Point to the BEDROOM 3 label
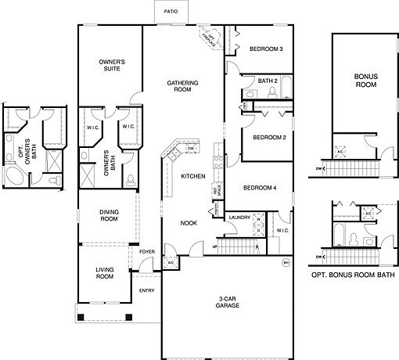tap(265, 49)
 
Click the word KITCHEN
tap(193, 177)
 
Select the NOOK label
tap(189, 222)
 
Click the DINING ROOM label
tap(108, 214)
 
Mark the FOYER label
tap(146, 251)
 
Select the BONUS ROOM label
tap(365, 81)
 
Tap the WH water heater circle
tap(286, 261)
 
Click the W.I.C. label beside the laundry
tap(282, 231)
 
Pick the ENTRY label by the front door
tap(147, 290)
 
